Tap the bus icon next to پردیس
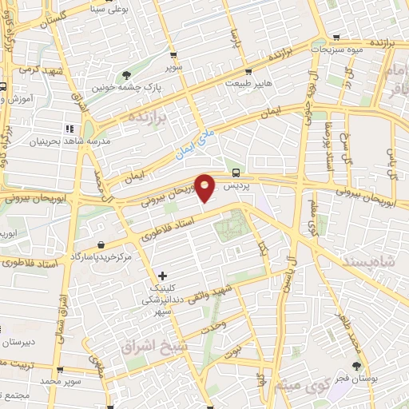pos(236,173)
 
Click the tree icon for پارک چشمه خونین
pos(127,75)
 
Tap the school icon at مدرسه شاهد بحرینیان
pos(69,128)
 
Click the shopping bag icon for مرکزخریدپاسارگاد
pos(100,245)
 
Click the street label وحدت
pos(212,326)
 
